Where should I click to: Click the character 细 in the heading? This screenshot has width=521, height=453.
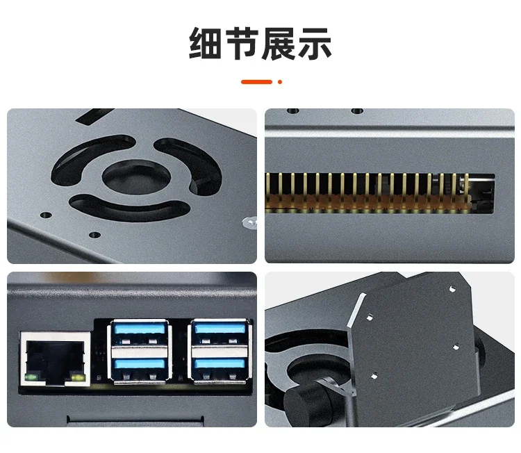pos(205,44)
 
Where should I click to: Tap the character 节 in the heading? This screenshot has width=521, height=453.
pos(242,44)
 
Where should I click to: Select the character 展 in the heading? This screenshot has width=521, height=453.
pos(279,44)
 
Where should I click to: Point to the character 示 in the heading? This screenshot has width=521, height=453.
pos(315,44)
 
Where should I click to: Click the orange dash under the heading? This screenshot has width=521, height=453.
pos(256,82)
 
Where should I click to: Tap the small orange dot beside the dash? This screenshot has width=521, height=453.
pos(280,82)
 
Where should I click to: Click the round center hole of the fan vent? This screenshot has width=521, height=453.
pos(136,177)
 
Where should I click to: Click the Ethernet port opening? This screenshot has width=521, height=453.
pos(55,360)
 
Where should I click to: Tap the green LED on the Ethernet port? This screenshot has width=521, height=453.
pos(31,377)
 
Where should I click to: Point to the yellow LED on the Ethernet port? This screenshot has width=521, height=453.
pos(78,378)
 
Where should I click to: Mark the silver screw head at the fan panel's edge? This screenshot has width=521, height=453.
pos(250,222)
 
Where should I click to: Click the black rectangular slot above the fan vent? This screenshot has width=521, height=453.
pos(94,116)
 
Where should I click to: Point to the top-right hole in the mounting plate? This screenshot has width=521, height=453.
pos(452,289)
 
